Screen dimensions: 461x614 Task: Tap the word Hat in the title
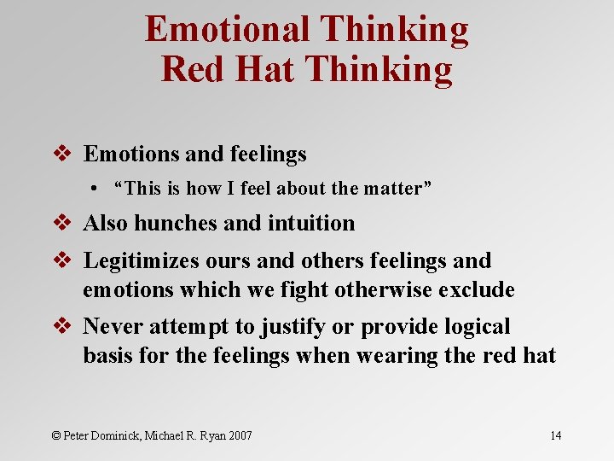pos(264,69)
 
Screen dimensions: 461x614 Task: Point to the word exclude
pos(477,290)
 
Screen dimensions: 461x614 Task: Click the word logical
pos(475,327)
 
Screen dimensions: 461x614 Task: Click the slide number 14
pos(555,435)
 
